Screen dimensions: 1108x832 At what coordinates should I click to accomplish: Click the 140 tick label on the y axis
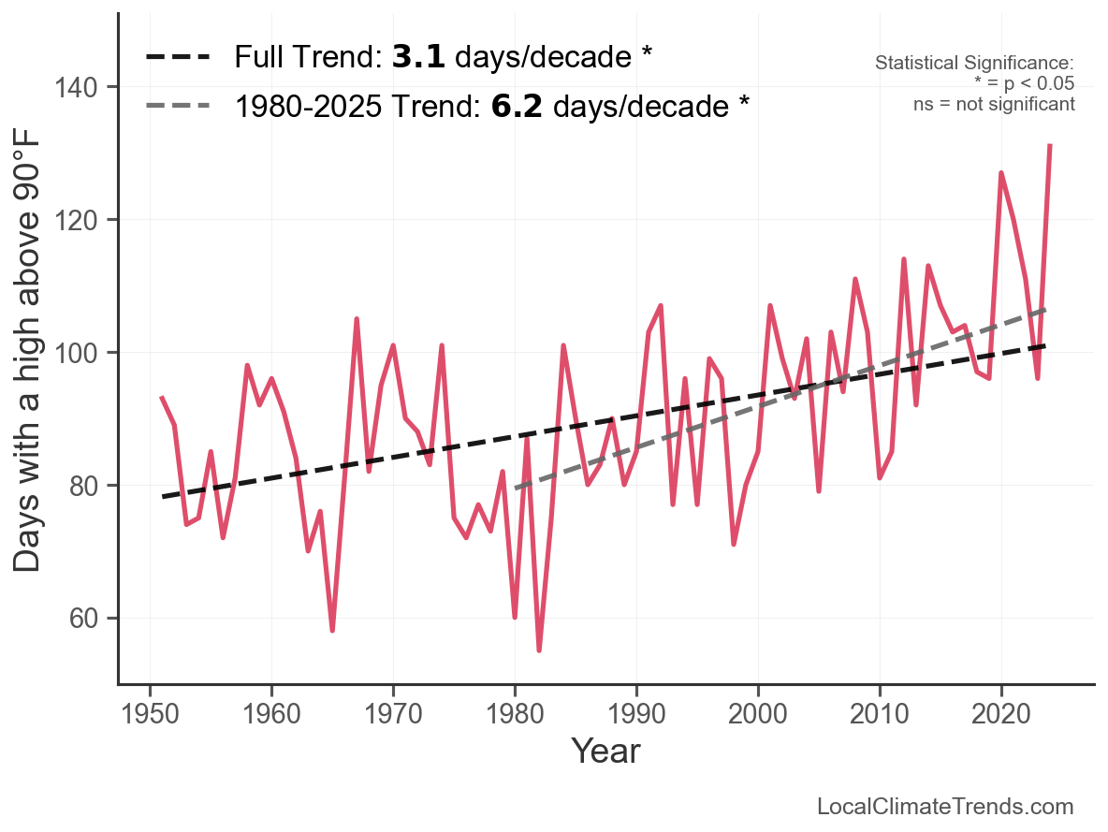pyautogui.click(x=75, y=88)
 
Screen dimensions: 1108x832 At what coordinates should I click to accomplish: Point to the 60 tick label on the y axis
pyautogui.click(x=82, y=619)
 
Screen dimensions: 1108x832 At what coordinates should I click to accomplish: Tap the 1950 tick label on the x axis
pyautogui.click(x=150, y=714)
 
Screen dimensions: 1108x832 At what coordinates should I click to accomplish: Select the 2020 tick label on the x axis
pyautogui.click(x=1000, y=714)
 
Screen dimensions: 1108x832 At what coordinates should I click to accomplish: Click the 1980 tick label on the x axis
pyautogui.click(x=515, y=714)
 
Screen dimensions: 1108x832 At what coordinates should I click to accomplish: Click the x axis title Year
pyautogui.click(x=605, y=752)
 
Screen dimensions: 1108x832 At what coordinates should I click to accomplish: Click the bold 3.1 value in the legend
pyautogui.click(x=418, y=57)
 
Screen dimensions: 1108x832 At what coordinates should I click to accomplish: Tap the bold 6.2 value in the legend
pyautogui.click(x=517, y=107)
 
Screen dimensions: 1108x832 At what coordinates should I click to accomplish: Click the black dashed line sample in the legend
pyautogui.click(x=178, y=57)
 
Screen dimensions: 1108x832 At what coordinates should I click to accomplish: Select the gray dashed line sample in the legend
pyautogui.click(x=178, y=107)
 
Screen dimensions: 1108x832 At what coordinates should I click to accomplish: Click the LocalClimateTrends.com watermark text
pyautogui.click(x=945, y=807)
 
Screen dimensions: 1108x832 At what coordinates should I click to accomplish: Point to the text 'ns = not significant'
pyautogui.click(x=994, y=105)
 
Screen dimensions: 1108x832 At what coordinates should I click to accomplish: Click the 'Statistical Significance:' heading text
pyautogui.click(x=974, y=63)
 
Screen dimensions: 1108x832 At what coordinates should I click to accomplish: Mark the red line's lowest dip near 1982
pyautogui.click(x=539, y=650)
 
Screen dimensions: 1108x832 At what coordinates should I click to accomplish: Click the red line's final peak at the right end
pyautogui.click(x=1050, y=146)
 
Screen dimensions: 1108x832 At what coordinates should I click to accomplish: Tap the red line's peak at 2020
pyautogui.click(x=1001, y=172)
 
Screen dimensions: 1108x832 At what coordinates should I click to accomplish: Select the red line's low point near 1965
pyautogui.click(x=332, y=630)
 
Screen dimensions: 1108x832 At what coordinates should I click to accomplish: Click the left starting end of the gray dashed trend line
pyautogui.click(x=517, y=488)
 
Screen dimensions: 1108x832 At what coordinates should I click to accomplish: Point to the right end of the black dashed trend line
pyautogui.click(x=1044, y=345)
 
